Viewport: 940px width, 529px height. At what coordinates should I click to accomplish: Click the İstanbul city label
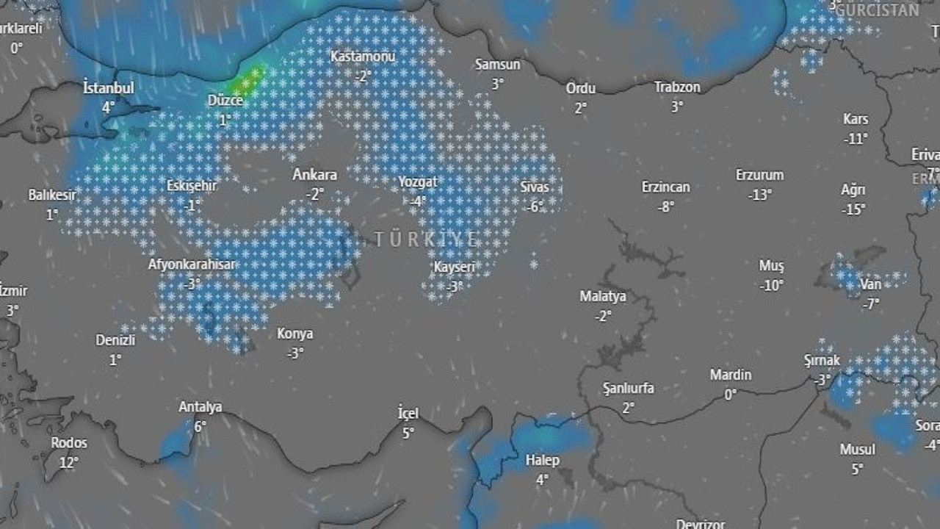tap(109, 88)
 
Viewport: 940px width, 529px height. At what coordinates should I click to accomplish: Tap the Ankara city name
tap(315, 175)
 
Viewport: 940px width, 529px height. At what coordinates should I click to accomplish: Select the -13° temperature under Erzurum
tap(760, 195)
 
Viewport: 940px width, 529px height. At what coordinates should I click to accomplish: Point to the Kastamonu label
tap(363, 57)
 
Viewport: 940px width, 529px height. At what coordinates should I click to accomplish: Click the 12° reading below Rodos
tap(69, 462)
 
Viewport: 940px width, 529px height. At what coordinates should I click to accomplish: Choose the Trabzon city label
tap(677, 87)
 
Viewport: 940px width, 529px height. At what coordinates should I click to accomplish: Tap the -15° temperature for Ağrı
tap(853, 209)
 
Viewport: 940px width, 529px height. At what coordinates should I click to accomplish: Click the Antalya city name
tap(200, 407)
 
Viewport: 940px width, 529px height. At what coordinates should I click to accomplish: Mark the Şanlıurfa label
tap(628, 388)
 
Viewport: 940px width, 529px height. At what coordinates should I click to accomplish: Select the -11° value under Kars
tap(856, 138)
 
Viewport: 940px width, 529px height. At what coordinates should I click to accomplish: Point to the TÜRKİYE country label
tap(427, 240)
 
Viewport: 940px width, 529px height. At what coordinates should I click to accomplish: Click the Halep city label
tap(543, 461)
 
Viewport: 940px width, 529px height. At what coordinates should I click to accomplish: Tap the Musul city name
tap(858, 449)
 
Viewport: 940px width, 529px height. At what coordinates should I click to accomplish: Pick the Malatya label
tap(603, 297)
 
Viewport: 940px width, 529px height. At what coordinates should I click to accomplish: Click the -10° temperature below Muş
tap(772, 286)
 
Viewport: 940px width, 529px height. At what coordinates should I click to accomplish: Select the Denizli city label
tap(115, 340)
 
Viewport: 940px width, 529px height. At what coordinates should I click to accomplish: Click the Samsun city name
tap(497, 65)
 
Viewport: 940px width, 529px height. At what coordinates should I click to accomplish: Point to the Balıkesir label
tap(52, 195)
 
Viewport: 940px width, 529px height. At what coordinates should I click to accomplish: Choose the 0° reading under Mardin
tap(730, 395)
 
